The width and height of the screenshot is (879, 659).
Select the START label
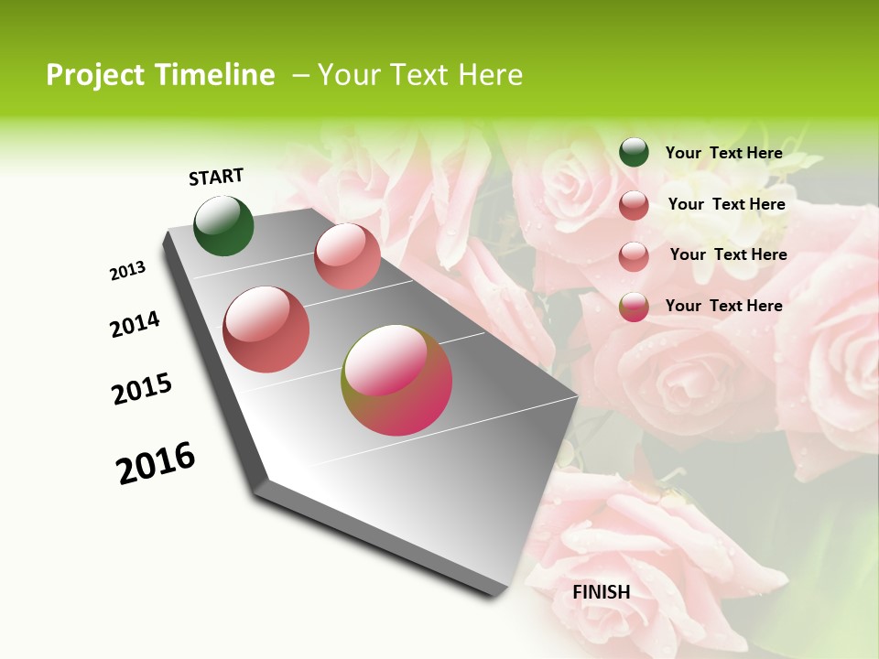(x=216, y=177)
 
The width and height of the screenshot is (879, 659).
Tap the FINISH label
(x=602, y=592)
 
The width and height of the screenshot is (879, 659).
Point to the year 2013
(x=128, y=271)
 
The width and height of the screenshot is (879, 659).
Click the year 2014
(x=135, y=325)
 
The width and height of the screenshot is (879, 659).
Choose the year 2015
(x=142, y=389)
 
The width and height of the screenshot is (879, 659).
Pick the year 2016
(x=156, y=463)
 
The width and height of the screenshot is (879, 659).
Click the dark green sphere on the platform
(x=224, y=226)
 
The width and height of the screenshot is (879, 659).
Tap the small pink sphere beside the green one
(x=347, y=256)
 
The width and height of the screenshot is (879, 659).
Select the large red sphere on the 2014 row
(x=266, y=329)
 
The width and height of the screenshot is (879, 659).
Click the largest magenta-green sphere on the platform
(x=396, y=380)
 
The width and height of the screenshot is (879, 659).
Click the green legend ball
(x=634, y=153)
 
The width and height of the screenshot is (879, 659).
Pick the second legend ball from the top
(x=634, y=205)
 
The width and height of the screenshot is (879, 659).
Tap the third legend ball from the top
(x=634, y=255)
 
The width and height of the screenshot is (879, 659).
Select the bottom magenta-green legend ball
(x=634, y=307)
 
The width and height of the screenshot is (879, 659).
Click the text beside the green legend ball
(x=724, y=153)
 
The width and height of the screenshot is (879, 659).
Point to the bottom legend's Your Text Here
(x=724, y=306)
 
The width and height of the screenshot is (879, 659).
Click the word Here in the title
(x=491, y=75)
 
